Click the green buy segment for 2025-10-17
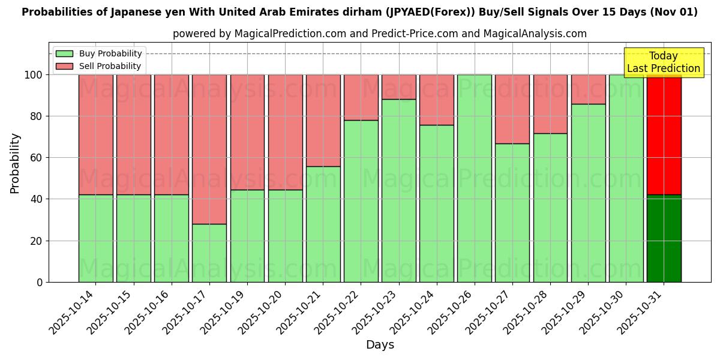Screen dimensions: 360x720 click(209, 253)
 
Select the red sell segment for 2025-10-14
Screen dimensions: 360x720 click(95, 134)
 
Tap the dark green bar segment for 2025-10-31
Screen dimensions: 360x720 click(664, 238)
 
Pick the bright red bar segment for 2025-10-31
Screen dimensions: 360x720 click(664, 134)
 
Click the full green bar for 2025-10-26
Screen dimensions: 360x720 click(475, 178)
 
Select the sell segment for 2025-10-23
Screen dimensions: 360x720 click(399, 87)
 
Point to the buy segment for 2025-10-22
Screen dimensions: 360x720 click(361, 201)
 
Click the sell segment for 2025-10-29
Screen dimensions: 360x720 click(588, 89)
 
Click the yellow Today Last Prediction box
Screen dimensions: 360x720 click(664, 62)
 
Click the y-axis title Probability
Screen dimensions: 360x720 click(15, 163)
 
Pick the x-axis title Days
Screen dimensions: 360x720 click(380, 345)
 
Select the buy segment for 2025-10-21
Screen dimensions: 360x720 click(323, 224)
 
